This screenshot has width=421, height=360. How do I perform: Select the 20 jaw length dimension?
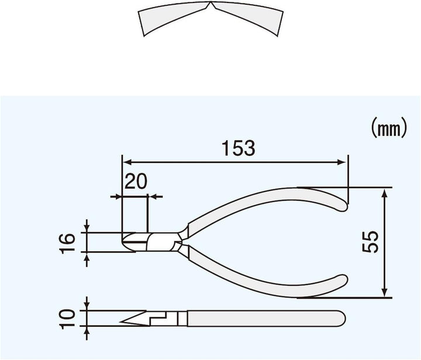[135, 182]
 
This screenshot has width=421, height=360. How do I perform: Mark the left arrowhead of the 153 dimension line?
[126, 162]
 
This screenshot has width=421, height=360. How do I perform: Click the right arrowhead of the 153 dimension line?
[343, 162]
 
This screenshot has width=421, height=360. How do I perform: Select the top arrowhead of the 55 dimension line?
[385, 192]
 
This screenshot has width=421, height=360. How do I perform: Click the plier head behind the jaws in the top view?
[161, 241]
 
